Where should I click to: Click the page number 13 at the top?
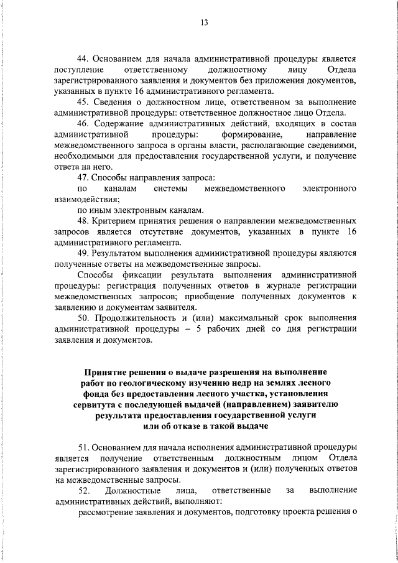coord(204,23)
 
